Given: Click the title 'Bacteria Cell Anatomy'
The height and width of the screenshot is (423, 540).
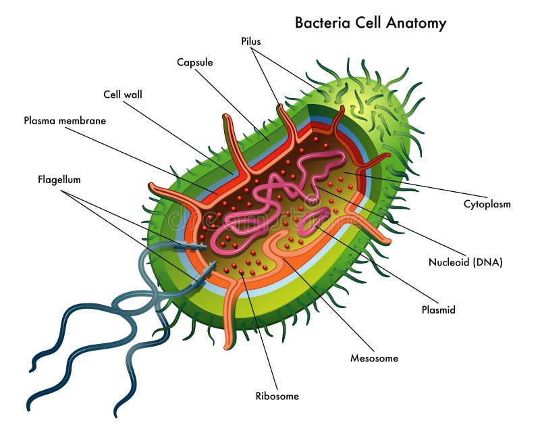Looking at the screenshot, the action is click(371, 22).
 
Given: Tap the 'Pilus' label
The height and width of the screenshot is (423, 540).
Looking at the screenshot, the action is click(251, 41).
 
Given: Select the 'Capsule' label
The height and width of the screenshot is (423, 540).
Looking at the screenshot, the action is click(195, 62).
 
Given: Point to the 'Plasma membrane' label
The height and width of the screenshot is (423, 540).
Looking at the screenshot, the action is click(65, 121).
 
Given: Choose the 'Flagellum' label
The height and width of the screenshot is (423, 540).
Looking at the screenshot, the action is click(59, 180).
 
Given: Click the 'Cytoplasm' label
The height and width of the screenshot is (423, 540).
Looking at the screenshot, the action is click(487, 203).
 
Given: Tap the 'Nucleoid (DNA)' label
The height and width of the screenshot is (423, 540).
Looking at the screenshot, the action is click(466, 262).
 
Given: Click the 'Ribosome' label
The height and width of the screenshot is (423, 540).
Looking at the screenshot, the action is click(277, 396).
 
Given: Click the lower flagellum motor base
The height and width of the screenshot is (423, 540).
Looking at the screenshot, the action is click(205, 274).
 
